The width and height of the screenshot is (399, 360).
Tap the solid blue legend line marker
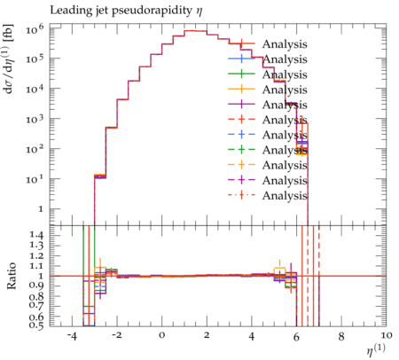click(241, 59)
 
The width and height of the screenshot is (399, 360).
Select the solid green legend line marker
click(241, 74)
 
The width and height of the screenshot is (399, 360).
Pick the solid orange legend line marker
click(241, 89)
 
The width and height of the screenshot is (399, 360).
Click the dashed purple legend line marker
click(241, 180)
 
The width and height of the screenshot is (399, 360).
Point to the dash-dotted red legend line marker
click(241, 195)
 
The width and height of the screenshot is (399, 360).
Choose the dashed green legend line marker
click(241, 149)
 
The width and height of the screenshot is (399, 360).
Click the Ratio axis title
click(12, 276)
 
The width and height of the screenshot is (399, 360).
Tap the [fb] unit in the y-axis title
click(8, 33)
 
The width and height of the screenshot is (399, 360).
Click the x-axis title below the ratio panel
click(376, 349)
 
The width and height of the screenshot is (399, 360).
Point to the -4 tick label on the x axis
click(72, 336)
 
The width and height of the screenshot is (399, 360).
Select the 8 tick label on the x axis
click(341, 336)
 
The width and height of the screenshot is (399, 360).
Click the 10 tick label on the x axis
click(387, 335)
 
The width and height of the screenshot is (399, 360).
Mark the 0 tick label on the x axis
click(161, 336)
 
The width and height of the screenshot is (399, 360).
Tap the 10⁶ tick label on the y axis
click(35, 29)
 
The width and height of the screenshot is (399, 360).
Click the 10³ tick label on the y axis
click(35, 120)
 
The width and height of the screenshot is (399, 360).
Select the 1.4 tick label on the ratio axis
click(37, 235)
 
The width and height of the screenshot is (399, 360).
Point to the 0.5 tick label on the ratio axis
click(37, 325)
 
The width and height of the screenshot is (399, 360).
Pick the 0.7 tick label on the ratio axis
click(37, 304)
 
